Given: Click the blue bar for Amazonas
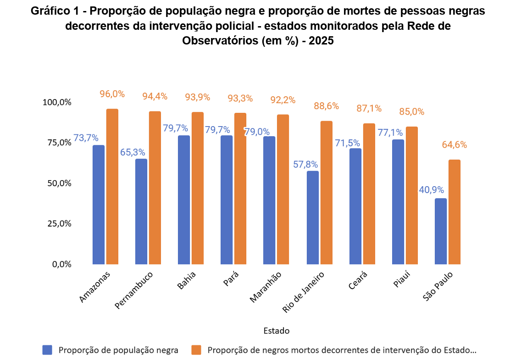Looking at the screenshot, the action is pos(99,205).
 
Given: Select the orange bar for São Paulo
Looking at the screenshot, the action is pos(455,212).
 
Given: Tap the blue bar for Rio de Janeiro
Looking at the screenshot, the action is pos(313,217).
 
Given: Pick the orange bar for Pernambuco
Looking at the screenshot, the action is pos(155,188).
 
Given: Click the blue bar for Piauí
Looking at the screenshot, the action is pos(398,202).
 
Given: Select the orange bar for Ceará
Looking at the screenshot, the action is pos(369,194).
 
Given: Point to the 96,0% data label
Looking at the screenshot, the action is pos(112,94).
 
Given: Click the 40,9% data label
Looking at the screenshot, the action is pos(431,190).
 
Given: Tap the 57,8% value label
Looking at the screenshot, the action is pos(305,165).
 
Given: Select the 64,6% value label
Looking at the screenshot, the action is pos(455,145).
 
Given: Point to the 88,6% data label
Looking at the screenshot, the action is pos(326,106).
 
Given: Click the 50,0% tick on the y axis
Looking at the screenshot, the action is pos(59,183).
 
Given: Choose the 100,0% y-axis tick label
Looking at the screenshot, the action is pos(57,102).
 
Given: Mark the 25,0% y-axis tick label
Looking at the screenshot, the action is pos(59,224).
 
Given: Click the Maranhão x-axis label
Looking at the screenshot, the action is pos(266,287).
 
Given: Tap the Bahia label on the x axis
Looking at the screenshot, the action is pos(186,280).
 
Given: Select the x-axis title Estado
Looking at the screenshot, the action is pos(277,331).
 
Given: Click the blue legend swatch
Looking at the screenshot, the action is pos(48,350).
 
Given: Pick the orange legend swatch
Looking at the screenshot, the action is pos(196,350).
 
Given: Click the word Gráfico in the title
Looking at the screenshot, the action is pos(46,11).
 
